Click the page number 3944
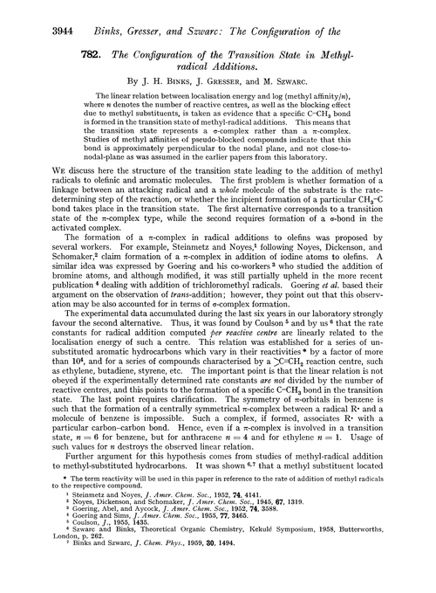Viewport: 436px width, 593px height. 45,13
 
